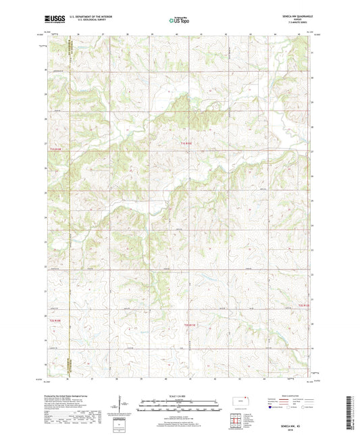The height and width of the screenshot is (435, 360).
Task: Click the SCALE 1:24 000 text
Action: tap(180, 395)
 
